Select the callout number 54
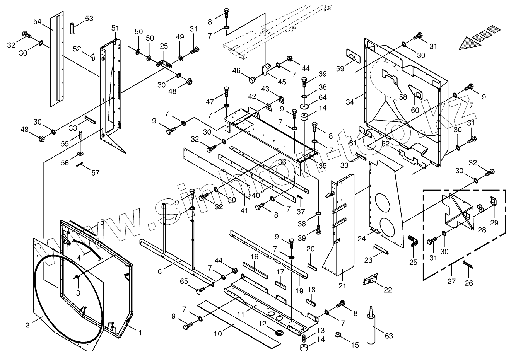(37, 21)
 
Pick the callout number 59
(340, 69)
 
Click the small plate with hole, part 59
(353, 56)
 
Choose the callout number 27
(451, 281)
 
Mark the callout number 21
(342, 286)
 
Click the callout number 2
(27, 325)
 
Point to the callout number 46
(236, 71)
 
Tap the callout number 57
(95, 172)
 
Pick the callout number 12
(262, 323)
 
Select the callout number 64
(323, 97)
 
